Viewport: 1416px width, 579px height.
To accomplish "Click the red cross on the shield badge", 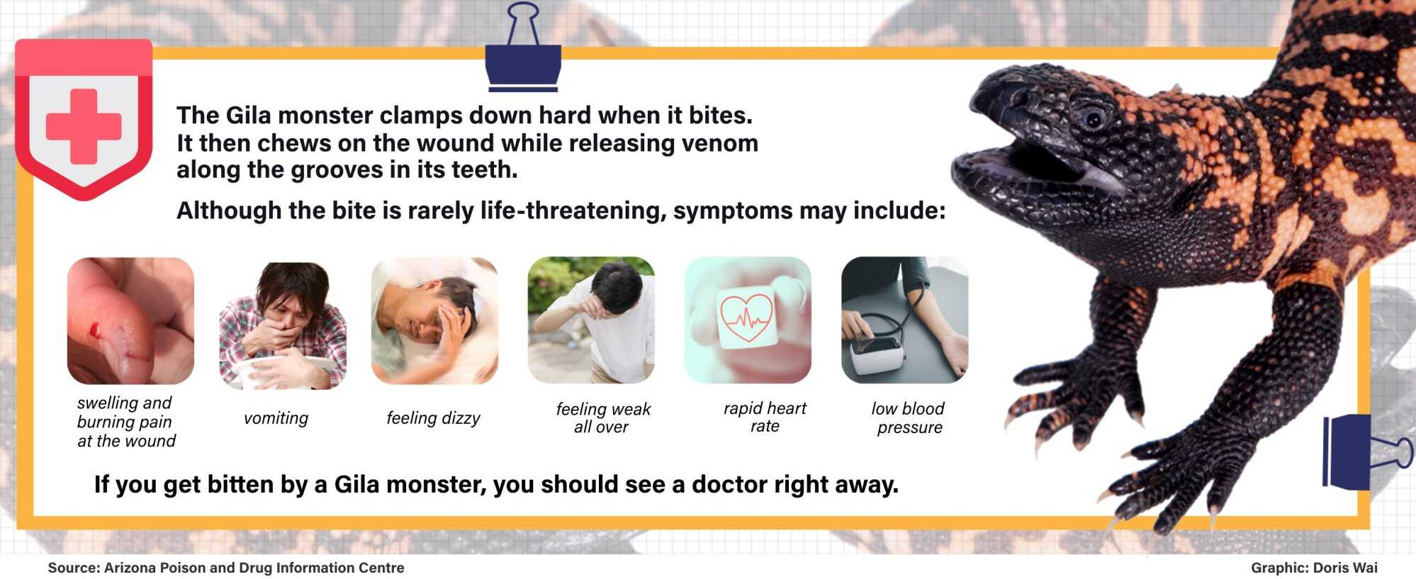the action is coord(84,126).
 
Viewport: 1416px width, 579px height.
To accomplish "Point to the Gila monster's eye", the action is coord(1093,118).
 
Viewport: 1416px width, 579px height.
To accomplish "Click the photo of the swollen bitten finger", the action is coord(130,320).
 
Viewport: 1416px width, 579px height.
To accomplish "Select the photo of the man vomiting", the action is coord(283,326).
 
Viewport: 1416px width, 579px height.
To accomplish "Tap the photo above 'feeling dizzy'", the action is coord(434,320).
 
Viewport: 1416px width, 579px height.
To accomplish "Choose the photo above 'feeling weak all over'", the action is coord(591,320).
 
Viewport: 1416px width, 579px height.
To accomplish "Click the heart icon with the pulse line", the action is coord(746,317).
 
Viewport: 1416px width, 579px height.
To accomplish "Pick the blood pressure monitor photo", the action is coord(904,320).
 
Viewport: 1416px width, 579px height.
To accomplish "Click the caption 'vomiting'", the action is coord(276,418).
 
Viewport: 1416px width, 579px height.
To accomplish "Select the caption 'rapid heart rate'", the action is coord(765,417).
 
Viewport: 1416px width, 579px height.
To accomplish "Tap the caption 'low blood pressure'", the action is coord(909,417).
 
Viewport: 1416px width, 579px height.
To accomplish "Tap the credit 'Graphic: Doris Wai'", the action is coord(1314,568).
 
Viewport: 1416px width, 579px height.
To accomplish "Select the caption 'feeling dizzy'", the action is coord(433,418).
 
